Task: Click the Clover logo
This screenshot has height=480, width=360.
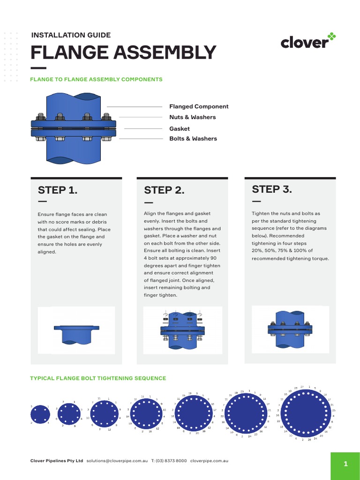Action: (x=308, y=42)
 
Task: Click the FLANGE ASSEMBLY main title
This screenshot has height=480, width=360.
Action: (x=123, y=52)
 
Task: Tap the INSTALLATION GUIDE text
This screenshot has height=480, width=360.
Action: (x=71, y=35)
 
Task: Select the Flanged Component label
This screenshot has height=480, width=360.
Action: (x=199, y=106)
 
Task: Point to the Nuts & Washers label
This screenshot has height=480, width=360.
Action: (x=192, y=117)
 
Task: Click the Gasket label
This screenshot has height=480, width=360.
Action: (x=180, y=128)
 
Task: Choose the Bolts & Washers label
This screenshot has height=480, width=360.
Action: (x=193, y=139)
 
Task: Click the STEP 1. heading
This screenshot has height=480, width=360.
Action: (x=57, y=190)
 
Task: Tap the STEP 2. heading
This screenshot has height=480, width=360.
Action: (x=164, y=190)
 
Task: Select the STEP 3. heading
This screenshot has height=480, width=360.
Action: (x=272, y=189)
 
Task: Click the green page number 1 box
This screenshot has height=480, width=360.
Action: (x=345, y=465)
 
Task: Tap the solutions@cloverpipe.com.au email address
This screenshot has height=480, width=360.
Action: (x=117, y=461)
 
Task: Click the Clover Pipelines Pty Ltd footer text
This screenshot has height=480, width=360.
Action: (x=57, y=461)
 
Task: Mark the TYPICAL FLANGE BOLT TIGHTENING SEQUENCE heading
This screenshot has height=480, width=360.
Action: (x=98, y=378)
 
